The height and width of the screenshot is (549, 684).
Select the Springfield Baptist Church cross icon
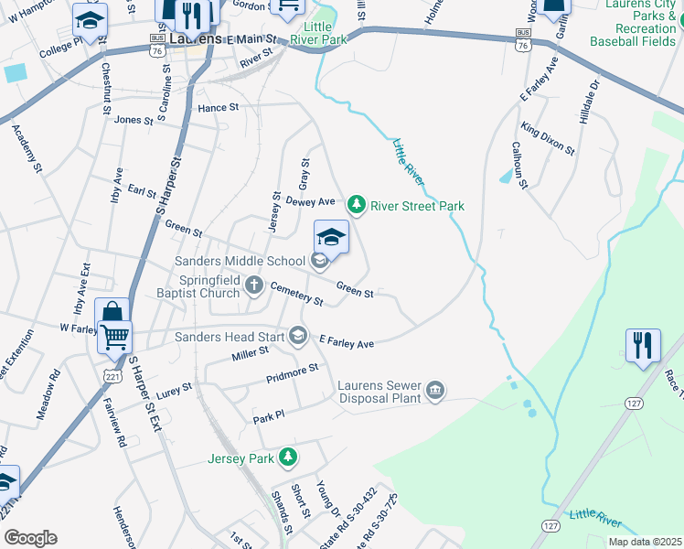coord(254,286)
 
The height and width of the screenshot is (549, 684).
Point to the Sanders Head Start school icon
coord(297,336)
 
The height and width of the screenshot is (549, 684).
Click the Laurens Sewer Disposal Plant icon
coord(436,391)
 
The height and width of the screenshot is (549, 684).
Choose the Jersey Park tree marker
coord(288,456)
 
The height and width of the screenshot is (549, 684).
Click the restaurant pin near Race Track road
coord(642,347)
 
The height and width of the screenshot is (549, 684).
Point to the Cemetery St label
coord(296,295)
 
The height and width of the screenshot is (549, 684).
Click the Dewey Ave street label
coord(310,201)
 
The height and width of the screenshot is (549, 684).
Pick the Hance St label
coord(218,107)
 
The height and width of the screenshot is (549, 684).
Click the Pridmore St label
coord(291,372)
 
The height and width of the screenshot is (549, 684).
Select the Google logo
coord(30,538)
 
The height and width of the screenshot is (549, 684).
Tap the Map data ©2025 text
coord(645,542)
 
